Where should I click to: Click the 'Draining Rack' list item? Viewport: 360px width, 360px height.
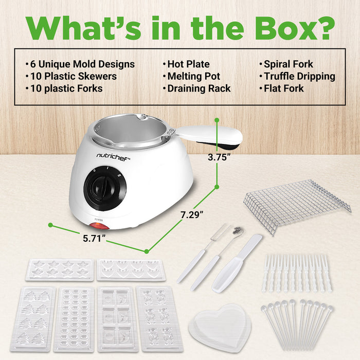pyautogui.click(x=199, y=88)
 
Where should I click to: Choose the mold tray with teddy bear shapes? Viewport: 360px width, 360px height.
pyautogui.click(x=159, y=319)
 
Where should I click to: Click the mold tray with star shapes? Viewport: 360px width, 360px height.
pyautogui.click(x=60, y=269)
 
